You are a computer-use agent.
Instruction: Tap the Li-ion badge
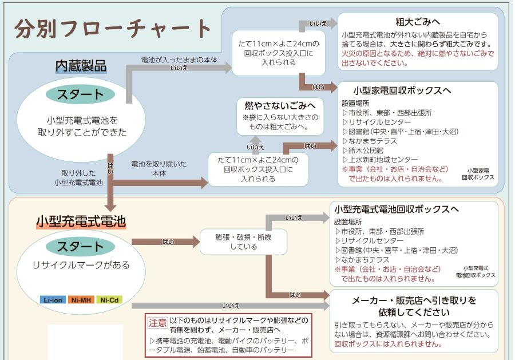point(54,300)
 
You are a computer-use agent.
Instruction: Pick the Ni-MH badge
point(81,300)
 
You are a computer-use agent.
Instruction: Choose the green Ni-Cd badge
point(109,300)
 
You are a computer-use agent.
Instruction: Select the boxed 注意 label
point(157,322)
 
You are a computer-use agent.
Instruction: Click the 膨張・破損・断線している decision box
point(243,242)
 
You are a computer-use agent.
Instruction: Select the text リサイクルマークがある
point(81,265)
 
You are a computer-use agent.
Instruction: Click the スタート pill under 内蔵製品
point(80,95)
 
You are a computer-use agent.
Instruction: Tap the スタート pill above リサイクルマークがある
point(80,247)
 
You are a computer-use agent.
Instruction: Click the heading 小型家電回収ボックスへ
point(402,90)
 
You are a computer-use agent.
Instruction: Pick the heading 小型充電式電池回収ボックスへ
point(396,209)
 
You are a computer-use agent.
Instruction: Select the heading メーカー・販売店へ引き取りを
point(414,300)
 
